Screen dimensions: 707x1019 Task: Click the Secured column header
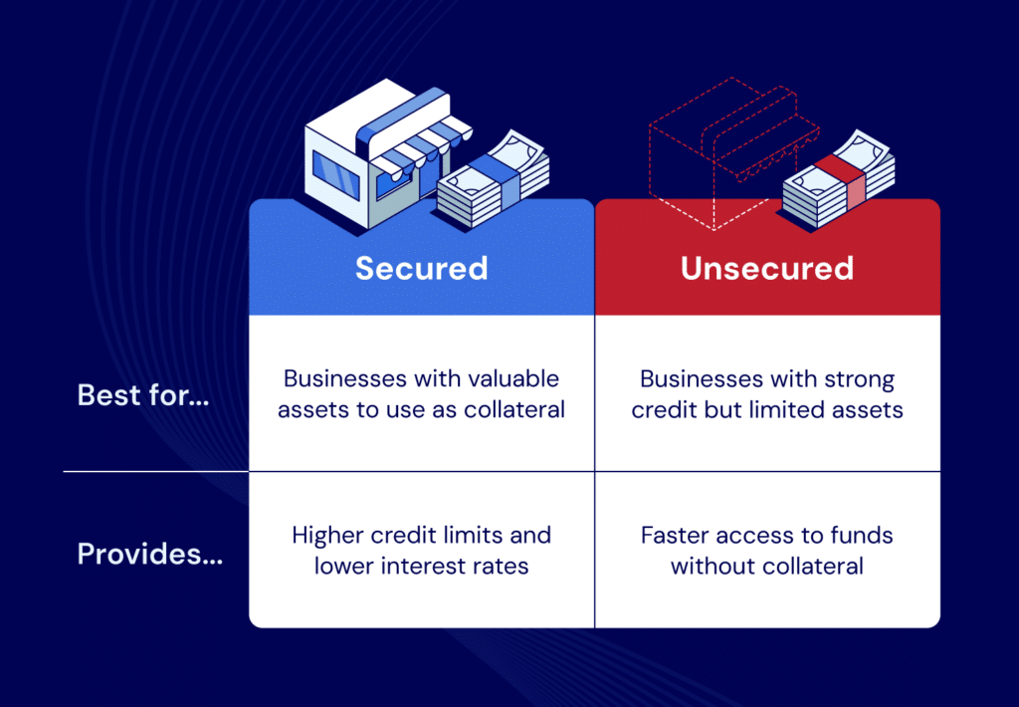421,268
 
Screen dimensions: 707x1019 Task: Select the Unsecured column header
767,268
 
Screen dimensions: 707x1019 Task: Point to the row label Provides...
150,555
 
